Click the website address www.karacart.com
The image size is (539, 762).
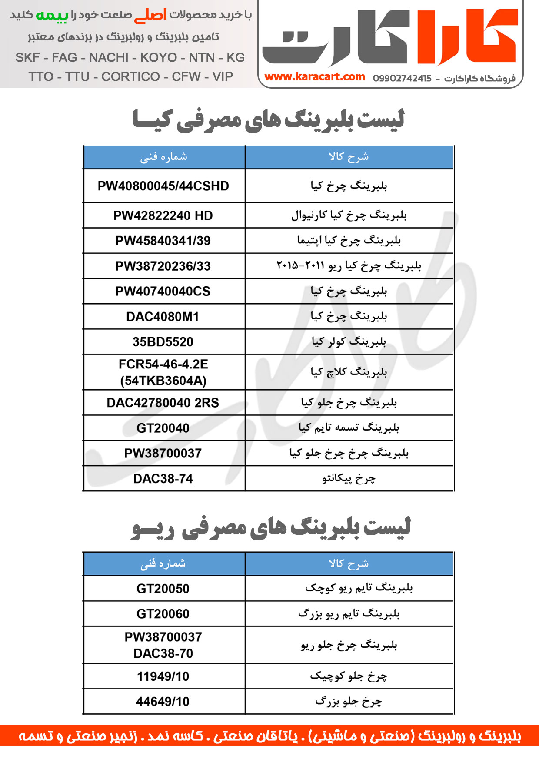click(x=314, y=77)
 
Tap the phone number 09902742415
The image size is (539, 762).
click(x=402, y=79)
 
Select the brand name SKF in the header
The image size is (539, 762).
click(x=27, y=57)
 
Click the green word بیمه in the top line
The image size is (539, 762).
click(x=52, y=15)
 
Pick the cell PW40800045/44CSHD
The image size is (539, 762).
click(x=163, y=186)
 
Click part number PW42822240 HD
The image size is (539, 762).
click(x=163, y=215)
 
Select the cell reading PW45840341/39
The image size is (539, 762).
click(x=163, y=241)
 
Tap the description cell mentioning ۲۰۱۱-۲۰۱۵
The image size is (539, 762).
click(x=349, y=265)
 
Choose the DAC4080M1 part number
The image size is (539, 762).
click(x=163, y=317)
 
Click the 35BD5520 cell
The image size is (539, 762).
click(x=163, y=342)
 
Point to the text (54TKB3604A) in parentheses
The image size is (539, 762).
click(x=163, y=381)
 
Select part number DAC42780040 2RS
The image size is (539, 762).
click(x=163, y=403)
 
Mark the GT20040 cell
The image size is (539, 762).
click(x=163, y=428)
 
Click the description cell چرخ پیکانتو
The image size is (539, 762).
click(x=349, y=479)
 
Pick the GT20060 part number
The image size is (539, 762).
click(x=163, y=614)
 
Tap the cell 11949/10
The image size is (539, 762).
click(x=163, y=676)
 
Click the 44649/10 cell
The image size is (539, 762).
click(x=163, y=702)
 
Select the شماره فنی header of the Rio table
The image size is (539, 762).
click(x=163, y=563)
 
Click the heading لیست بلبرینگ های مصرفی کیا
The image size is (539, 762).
click(x=269, y=119)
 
